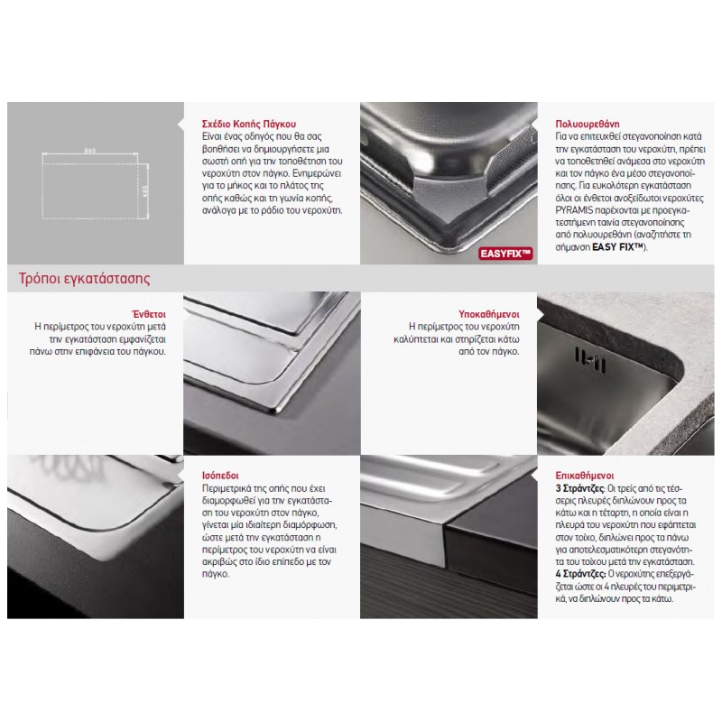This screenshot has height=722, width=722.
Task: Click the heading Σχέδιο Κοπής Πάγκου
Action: pos(249,124)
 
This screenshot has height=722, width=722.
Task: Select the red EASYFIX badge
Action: pos(505,254)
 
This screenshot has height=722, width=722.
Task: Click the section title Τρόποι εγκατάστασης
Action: pos(84,279)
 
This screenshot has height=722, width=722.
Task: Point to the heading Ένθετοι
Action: pos(149,314)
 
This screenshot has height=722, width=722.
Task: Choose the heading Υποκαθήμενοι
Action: pos(489,314)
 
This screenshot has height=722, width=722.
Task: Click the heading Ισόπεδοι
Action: pos(220,476)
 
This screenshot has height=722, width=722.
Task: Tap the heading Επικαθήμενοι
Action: pos(585,476)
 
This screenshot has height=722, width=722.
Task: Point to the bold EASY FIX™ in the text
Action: pos(617,246)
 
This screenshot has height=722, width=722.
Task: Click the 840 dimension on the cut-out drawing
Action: pos(90,150)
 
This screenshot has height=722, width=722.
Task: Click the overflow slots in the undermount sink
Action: pos(589,359)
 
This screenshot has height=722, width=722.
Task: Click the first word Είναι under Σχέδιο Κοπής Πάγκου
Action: pos(212,136)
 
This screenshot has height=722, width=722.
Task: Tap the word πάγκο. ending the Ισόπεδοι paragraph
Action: pos(216,574)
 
